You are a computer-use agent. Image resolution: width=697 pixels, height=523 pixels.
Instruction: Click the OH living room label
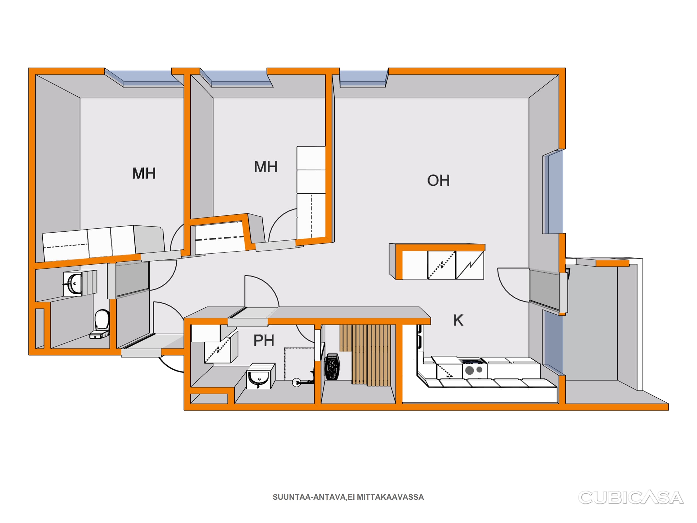click(438, 180)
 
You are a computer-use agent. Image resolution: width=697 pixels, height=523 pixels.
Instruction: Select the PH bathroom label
click(264, 340)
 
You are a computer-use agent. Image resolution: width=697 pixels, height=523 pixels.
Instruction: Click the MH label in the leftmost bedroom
click(144, 173)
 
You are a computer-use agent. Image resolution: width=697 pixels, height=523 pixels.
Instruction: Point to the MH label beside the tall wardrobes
click(266, 167)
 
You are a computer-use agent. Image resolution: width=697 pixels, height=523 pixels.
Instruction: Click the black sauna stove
click(332, 367)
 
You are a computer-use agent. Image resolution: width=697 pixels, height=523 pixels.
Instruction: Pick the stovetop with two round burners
click(474, 370)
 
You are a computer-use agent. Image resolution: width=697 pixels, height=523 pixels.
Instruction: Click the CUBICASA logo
click(631, 497)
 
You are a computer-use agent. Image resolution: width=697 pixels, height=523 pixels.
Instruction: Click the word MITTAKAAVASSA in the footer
click(390, 497)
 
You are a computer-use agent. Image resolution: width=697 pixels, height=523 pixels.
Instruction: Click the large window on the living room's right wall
click(553, 193)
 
